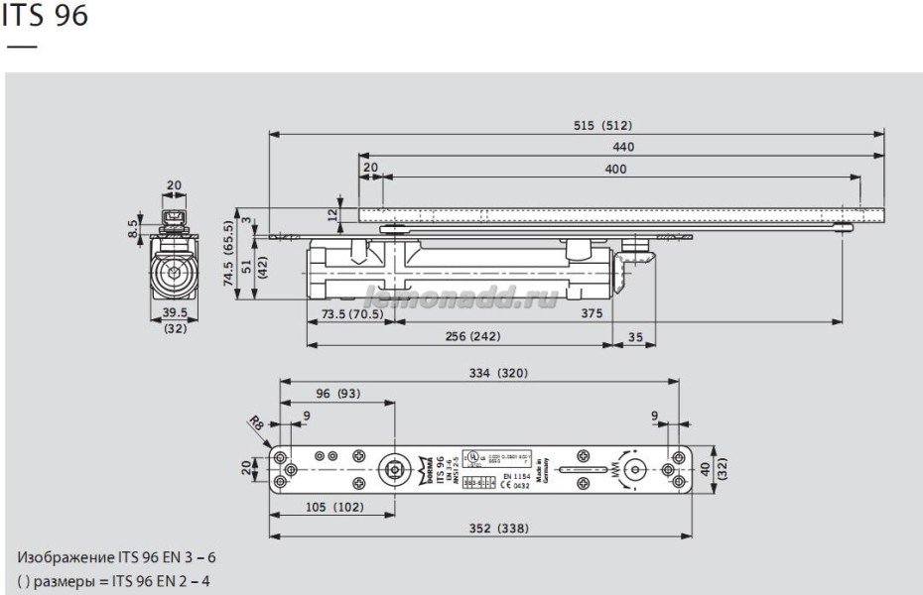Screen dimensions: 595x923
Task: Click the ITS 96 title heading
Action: pos(46,17)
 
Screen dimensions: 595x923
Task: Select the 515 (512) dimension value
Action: pos(602,125)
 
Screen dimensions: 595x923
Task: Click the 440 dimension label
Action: pos(623,147)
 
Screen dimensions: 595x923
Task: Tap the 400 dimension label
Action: pos(615,170)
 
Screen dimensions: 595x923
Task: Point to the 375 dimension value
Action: pos(593,313)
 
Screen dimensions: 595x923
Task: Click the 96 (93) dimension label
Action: pos(338,394)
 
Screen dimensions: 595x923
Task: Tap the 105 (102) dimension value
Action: pos(333,508)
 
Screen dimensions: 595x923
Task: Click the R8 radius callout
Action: pos(256,423)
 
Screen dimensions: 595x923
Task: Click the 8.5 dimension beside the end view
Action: pos(132,229)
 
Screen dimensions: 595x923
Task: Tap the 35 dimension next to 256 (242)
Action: pos(635,337)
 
